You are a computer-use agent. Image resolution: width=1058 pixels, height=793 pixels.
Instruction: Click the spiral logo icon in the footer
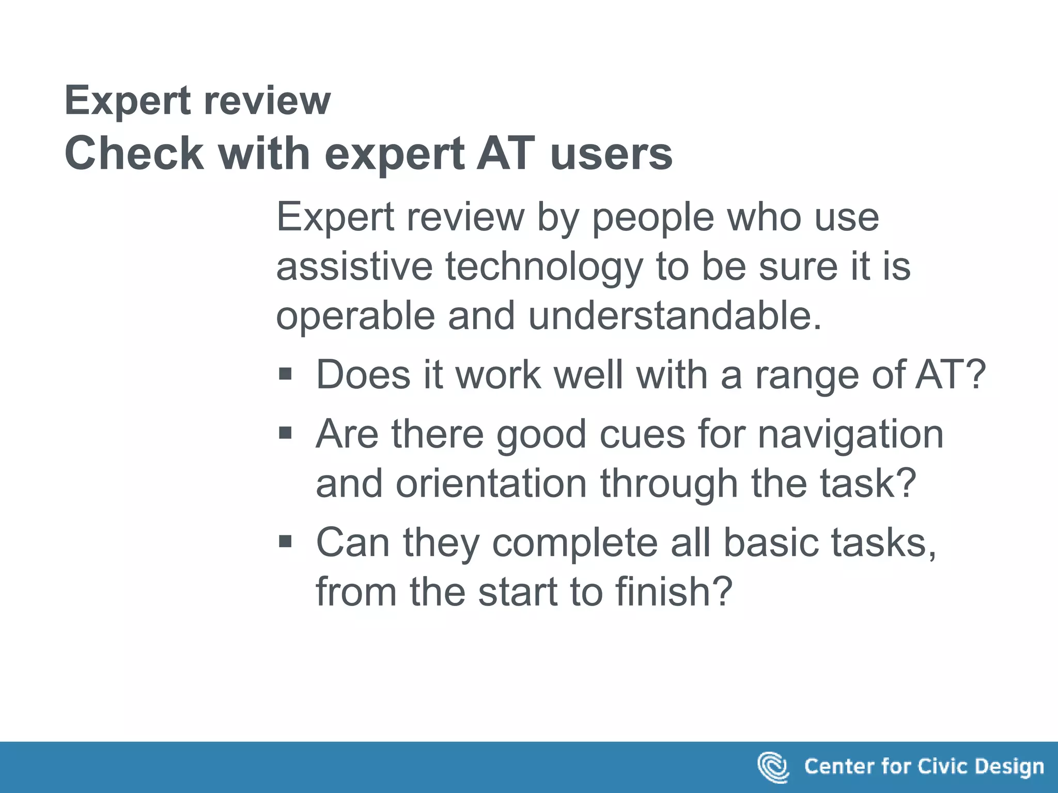pos(773,767)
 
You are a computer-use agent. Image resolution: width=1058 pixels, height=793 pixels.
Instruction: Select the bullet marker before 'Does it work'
pos(285,373)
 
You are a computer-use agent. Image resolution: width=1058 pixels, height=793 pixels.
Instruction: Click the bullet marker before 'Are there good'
pos(285,432)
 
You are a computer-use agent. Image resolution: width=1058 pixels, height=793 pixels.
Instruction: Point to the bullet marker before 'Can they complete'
pos(285,541)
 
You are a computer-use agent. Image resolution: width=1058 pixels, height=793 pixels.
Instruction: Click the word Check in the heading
pos(134,153)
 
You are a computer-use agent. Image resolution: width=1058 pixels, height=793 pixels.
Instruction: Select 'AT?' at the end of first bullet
pos(951,374)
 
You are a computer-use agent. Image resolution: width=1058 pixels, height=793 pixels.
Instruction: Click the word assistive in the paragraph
pos(354,266)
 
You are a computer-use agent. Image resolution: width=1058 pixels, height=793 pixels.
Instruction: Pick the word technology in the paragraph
pos(544,266)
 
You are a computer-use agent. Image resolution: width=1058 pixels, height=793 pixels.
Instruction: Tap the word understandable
pos(675,315)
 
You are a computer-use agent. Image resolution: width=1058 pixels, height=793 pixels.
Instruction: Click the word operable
pos(355,315)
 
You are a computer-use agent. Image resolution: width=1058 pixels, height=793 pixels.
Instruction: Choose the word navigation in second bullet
pos(850,434)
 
